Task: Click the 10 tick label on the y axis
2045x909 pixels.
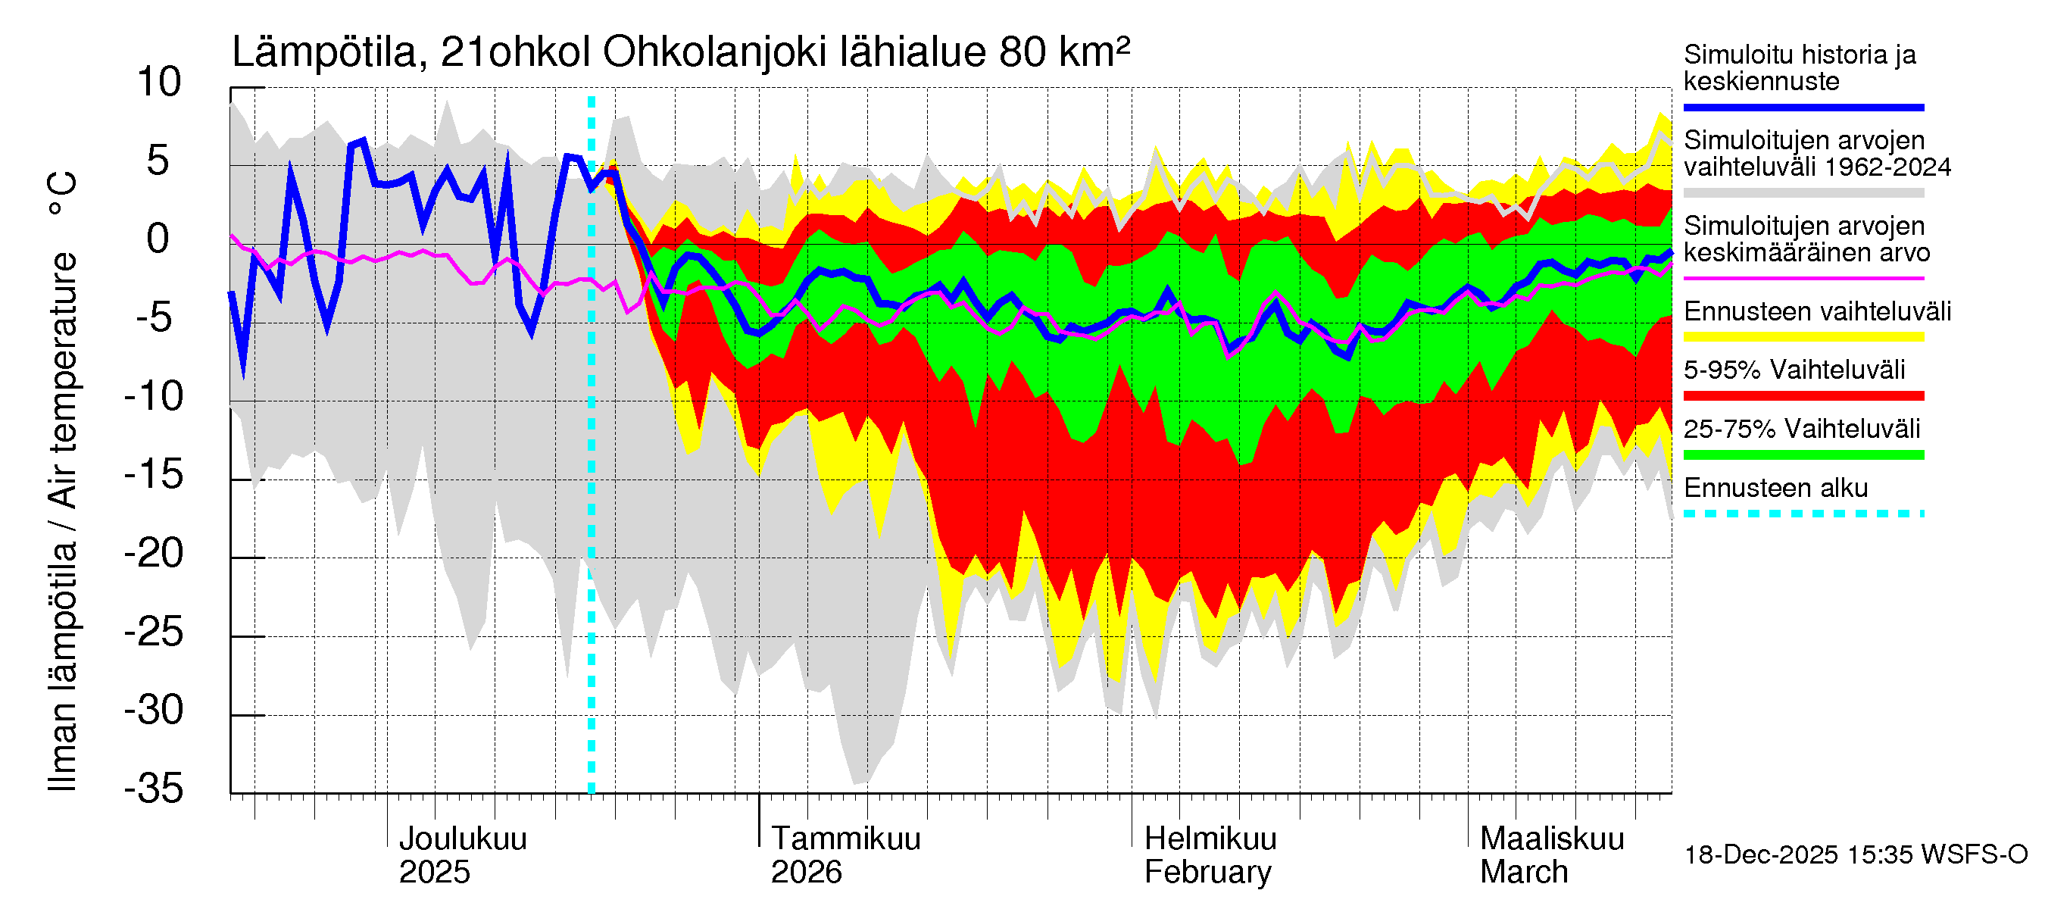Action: point(159,83)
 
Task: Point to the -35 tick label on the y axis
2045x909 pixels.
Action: point(154,789)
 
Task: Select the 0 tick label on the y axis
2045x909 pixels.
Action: point(158,239)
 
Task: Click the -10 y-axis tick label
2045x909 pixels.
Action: point(154,396)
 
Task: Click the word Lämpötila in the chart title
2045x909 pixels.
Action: point(324,53)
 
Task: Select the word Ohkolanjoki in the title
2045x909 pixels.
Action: point(714,53)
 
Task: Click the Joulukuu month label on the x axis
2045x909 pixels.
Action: point(463,839)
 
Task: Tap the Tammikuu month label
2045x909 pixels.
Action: point(845,839)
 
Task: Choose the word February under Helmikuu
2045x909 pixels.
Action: point(1207,873)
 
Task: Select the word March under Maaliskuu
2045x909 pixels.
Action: point(1523,873)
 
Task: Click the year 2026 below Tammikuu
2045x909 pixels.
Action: point(806,873)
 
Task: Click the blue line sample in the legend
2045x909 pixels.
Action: point(1803,107)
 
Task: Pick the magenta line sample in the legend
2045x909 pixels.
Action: point(1803,279)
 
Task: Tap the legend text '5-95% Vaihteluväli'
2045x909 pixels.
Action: point(1794,370)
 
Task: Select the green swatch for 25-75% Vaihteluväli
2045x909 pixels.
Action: point(1803,455)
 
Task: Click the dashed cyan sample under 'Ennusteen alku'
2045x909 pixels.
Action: point(1803,514)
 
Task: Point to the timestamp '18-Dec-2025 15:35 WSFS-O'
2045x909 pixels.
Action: point(1855,855)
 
